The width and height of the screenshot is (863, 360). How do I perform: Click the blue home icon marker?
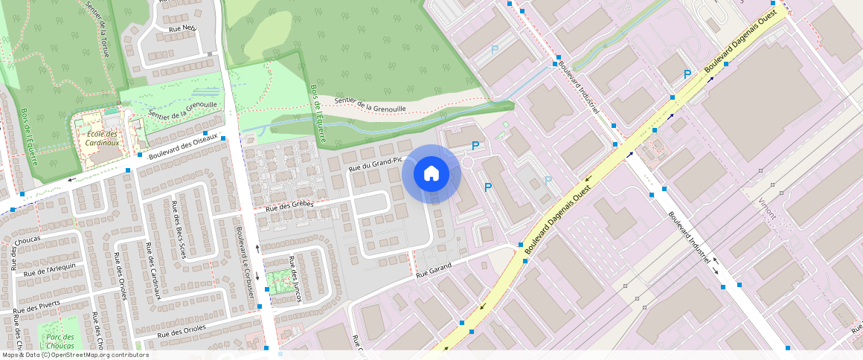pos(431,174)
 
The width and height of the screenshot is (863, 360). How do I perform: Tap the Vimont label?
pos(767,208)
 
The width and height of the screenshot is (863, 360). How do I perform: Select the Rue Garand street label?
pos(434,272)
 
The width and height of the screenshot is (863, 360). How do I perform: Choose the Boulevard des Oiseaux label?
pos(182,145)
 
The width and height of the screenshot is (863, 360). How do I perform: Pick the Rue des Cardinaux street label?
pos(151,271)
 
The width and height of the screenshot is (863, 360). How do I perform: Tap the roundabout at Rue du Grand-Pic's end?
pos(468,162)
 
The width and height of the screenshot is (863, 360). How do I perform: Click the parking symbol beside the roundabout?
pos(475,147)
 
